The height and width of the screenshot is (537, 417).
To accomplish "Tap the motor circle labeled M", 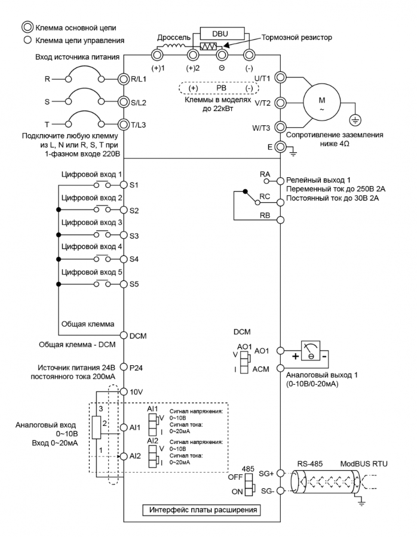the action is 321,102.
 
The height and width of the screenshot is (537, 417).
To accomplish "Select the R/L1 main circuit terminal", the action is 124,79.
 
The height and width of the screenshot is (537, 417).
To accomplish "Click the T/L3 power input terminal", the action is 124,125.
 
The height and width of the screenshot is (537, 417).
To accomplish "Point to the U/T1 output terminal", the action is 281,78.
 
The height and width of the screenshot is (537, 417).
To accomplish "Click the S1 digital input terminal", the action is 124,185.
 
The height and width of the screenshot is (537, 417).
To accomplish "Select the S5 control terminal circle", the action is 124,284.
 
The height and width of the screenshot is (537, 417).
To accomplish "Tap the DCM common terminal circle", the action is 124,335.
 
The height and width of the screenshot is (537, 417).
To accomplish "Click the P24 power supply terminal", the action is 124,367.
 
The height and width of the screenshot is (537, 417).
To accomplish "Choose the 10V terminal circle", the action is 124,391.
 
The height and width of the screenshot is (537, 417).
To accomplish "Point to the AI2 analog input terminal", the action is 124,456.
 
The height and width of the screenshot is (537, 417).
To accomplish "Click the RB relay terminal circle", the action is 281,220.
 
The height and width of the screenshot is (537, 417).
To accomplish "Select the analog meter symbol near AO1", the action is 311,351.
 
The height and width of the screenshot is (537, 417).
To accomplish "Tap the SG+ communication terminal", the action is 281,473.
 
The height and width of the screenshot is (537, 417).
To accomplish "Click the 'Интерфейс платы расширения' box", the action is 202,510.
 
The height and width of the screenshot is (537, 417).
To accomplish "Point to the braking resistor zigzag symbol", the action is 208,46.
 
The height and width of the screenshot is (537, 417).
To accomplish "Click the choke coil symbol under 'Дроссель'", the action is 174,46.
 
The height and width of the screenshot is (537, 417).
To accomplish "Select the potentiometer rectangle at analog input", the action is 96,427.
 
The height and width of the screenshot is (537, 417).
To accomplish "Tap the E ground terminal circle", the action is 281,147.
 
